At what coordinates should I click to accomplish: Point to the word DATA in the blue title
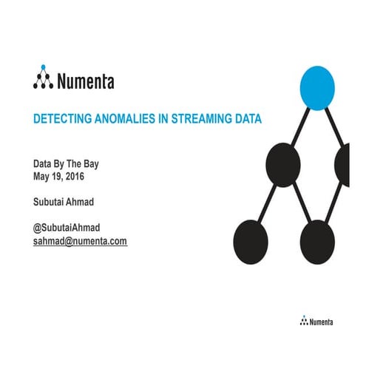(x=247, y=118)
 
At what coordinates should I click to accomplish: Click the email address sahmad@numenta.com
(x=80, y=241)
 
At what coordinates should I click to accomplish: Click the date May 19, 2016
(x=64, y=177)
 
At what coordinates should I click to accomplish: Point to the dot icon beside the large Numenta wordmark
(x=43, y=80)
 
